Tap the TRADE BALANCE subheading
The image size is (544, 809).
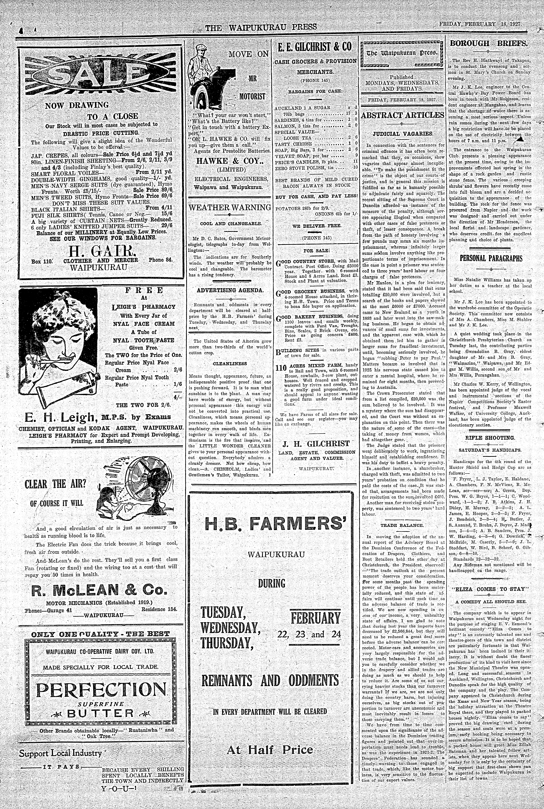(402, 525)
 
